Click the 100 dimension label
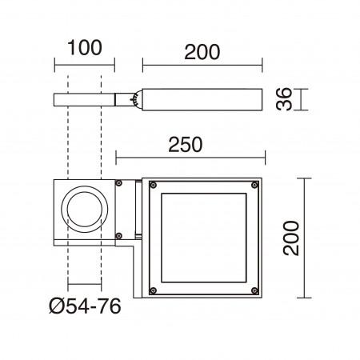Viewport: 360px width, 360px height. point(86,47)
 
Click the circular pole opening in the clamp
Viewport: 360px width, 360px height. point(86,211)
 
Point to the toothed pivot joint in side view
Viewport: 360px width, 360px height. point(137,99)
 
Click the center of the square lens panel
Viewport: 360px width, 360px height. point(204,238)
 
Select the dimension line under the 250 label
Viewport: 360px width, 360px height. point(190,158)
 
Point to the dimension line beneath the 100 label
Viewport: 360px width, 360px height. point(86,63)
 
